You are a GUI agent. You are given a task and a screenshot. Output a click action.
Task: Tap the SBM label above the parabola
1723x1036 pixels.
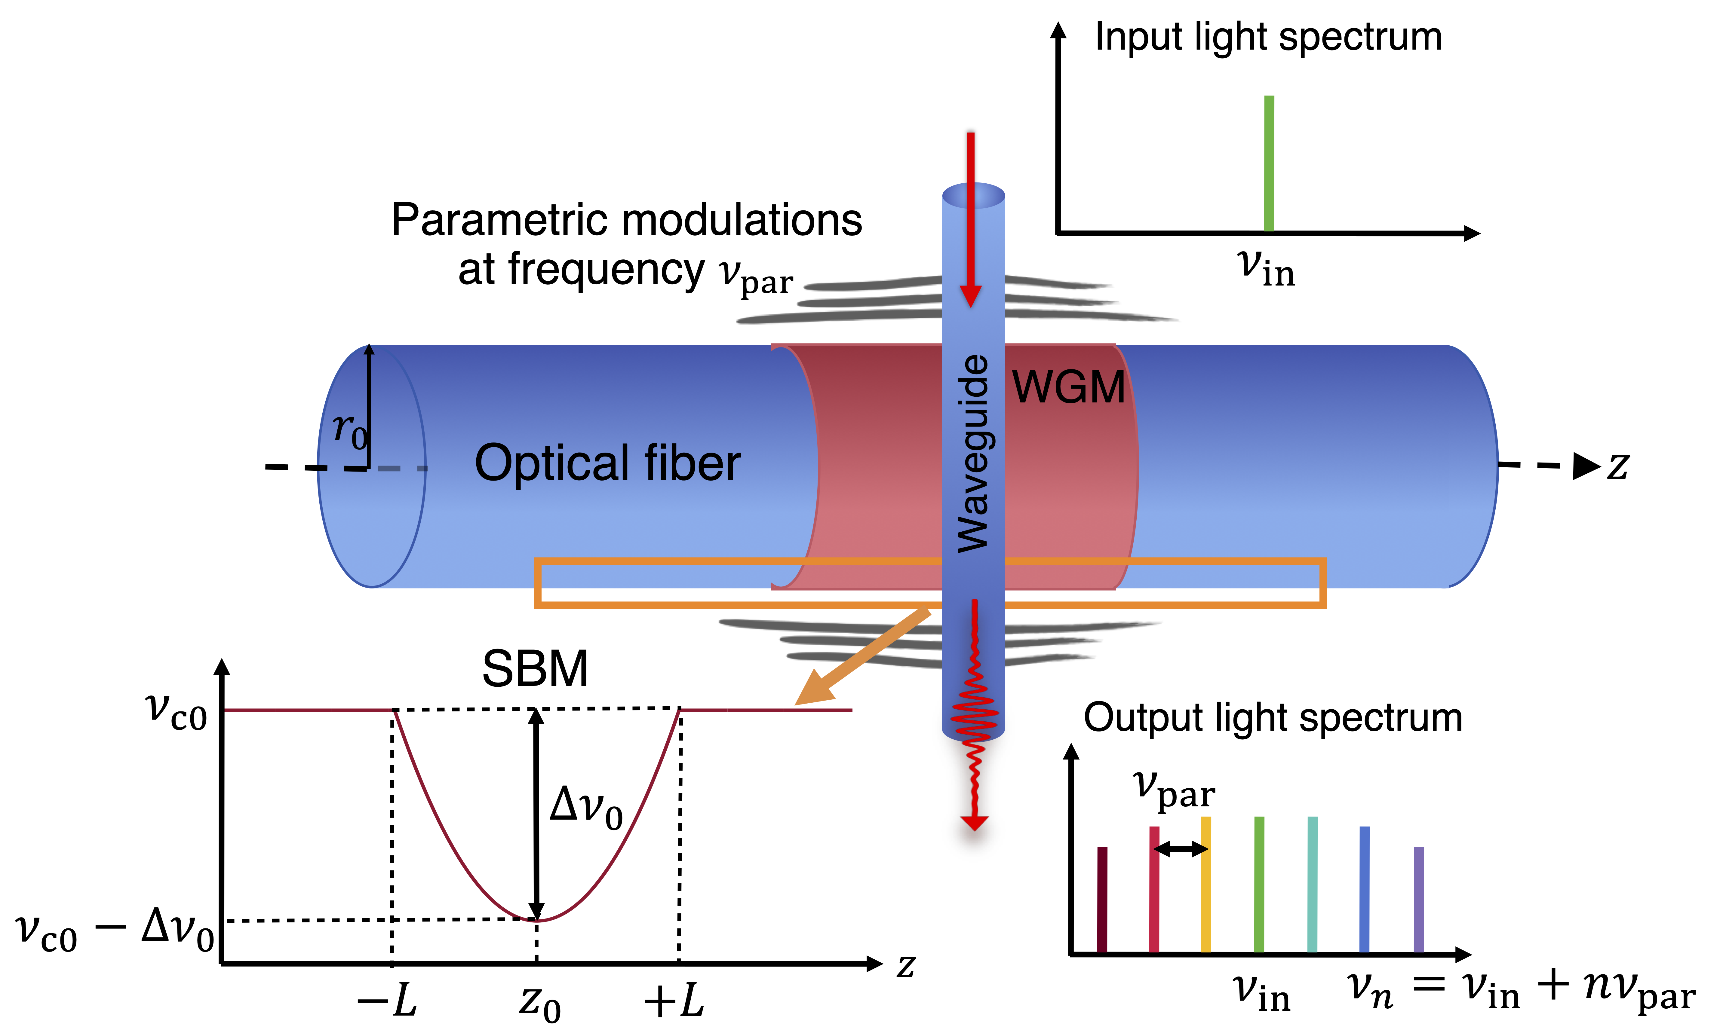tap(535, 669)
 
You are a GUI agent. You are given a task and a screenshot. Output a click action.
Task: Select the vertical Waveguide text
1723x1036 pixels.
tap(973, 454)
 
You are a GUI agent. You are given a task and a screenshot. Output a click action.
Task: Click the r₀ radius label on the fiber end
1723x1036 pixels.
tap(349, 429)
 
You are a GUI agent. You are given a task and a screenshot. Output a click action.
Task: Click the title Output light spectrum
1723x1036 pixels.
tap(1273, 717)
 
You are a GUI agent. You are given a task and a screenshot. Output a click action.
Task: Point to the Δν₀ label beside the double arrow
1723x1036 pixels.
tap(585, 808)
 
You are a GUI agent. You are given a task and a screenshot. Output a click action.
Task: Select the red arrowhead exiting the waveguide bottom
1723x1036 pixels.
tap(974, 822)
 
